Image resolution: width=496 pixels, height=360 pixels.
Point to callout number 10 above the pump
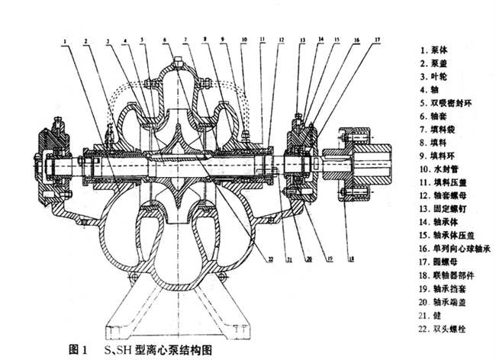243,38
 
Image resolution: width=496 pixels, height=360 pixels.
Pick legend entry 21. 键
430,315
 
